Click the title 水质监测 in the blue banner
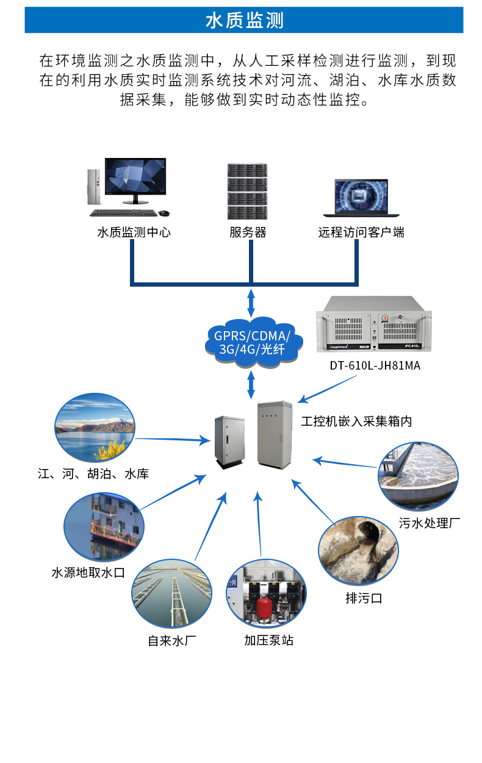click(244, 21)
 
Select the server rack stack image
click(248, 192)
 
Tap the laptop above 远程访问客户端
click(356, 197)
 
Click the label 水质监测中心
click(134, 232)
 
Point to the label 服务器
click(248, 232)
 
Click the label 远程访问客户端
click(361, 232)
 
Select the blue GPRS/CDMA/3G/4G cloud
click(250, 342)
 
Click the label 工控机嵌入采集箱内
click(356, 421)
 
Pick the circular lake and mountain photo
click(94, 428)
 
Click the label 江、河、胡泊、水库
click(93, 474)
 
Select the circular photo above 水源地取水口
click(104, 526)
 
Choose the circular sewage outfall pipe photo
click(354, 551)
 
